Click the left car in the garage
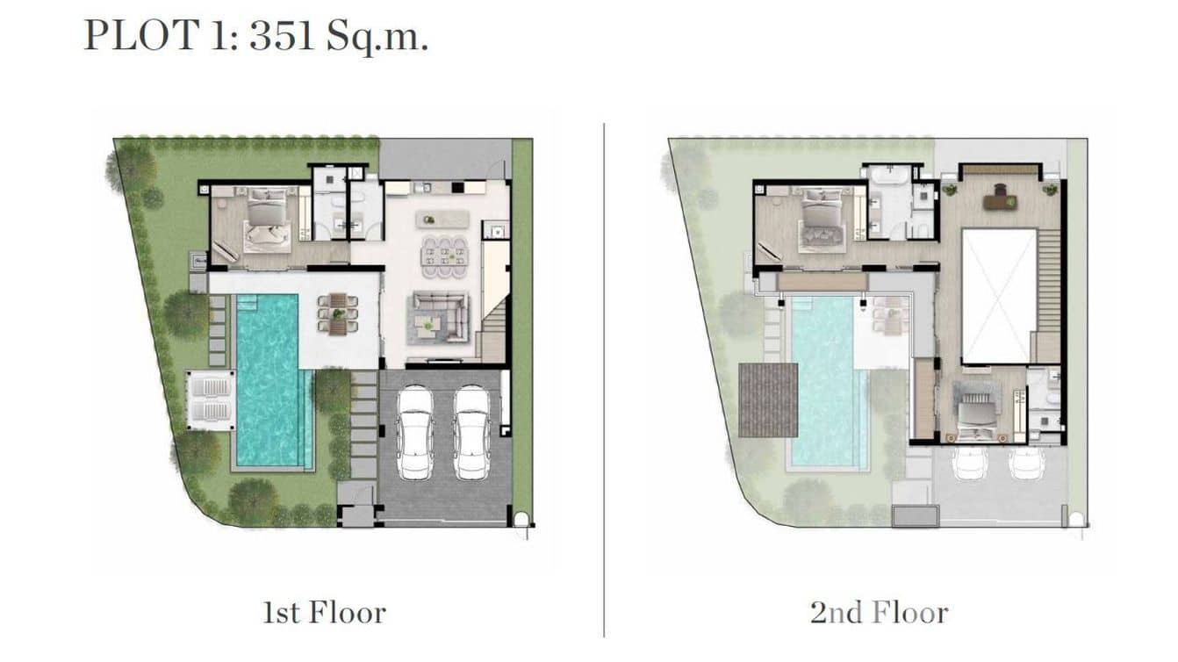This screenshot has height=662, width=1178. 414,432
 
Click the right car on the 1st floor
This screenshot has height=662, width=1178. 471,432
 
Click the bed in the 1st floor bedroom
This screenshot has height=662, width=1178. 267,223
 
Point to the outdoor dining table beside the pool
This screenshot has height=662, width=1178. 338,314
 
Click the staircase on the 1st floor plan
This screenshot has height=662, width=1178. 494,329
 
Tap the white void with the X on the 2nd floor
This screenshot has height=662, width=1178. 999,295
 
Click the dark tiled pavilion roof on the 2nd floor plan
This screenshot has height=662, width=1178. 768,399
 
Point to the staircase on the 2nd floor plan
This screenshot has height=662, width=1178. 1048,294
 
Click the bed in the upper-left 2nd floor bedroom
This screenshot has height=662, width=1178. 821,221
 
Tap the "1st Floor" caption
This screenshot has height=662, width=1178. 324,612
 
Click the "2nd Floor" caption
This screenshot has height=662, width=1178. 879,612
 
